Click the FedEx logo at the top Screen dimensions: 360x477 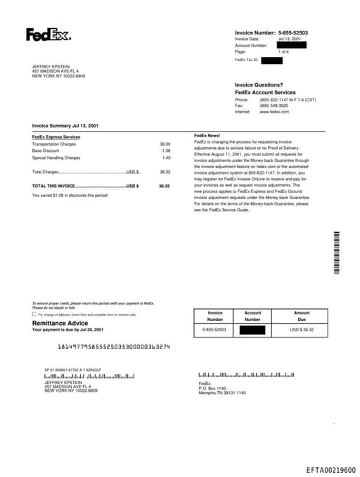point(49,34)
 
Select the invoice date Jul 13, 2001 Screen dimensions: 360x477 point(290,39)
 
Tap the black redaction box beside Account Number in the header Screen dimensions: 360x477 point(292,46)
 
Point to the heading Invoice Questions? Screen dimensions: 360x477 point(259,85)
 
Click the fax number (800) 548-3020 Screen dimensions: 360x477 point(274,106)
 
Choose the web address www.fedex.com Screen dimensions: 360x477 point(274,112)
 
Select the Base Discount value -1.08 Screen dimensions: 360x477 point(165,151)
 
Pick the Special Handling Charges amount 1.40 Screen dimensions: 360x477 point(166,158)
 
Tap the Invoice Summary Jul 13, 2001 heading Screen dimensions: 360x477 point(65,125)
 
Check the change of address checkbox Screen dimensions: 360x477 point(34,314)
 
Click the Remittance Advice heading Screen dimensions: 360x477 point(60,323)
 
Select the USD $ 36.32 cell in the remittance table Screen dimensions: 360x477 point(302,329)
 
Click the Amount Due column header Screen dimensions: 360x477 point(302,316)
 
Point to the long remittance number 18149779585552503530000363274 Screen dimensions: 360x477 point(113,347)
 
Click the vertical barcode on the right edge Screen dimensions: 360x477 point(337,252)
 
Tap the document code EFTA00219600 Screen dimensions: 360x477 point(330,470)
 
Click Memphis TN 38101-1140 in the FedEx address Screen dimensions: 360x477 point(222,393)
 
